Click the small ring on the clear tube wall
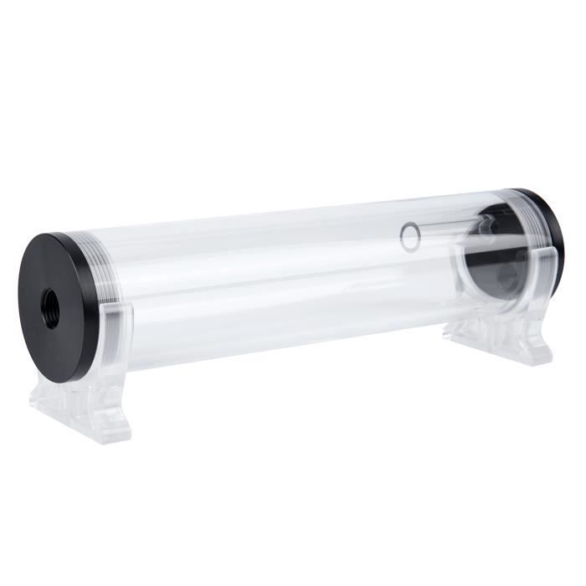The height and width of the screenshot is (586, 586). pyautogui.click(x=410, y=237)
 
